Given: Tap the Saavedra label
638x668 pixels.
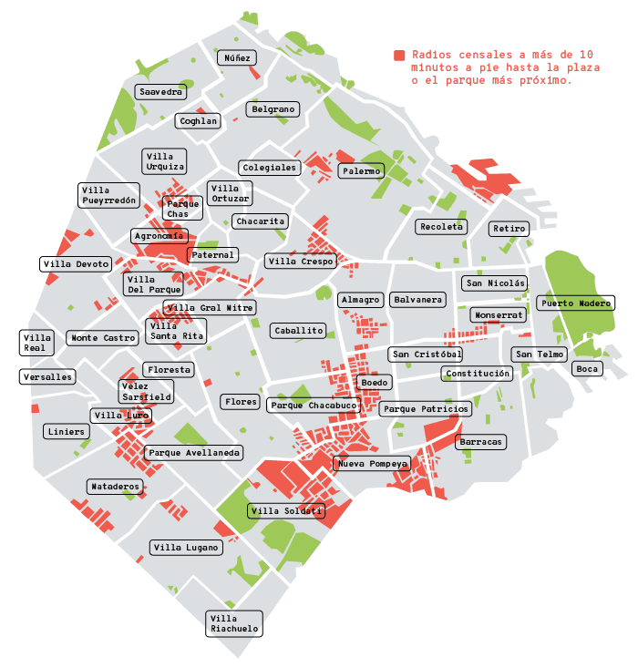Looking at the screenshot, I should [160, 92].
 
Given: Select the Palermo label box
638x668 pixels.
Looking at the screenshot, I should [361, 171].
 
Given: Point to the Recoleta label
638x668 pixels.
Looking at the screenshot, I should [441, 226].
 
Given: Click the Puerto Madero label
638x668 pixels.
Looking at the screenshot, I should [575, 303].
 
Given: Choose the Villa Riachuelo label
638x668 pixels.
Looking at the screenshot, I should [234, 623].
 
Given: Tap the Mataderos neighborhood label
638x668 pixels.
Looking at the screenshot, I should [116, 487].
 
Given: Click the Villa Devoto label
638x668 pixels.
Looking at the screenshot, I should [77, 264].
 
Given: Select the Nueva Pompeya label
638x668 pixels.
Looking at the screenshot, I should [372, 464].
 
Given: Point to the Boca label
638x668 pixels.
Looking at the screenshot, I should [587, 369].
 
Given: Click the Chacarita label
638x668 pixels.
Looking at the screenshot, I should [261, 221].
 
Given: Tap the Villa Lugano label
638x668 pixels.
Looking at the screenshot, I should [186, 548].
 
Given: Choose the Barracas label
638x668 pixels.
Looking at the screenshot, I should [480, 442].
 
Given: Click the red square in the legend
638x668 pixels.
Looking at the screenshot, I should [399, 56].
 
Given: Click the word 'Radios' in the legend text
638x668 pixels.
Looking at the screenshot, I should [429, 55].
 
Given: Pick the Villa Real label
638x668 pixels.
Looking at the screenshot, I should [36, 343].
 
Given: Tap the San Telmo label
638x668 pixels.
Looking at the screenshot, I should [540, 355].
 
